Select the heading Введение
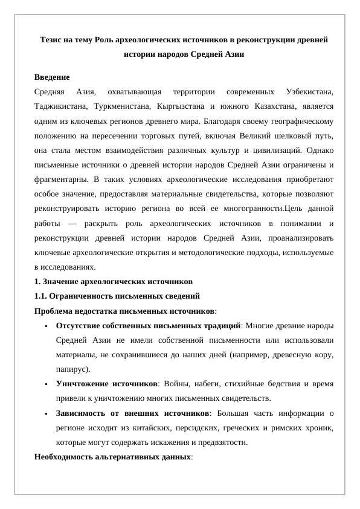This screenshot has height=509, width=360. [51, 77]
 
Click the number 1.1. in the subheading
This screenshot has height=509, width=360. [40, 296]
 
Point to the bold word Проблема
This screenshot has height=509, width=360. [55, 311]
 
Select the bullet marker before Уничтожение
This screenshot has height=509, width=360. [46, 384]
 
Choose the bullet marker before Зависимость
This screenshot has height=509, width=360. [46, 413]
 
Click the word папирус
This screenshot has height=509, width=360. [71, 369]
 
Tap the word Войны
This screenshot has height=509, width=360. [178, 384]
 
